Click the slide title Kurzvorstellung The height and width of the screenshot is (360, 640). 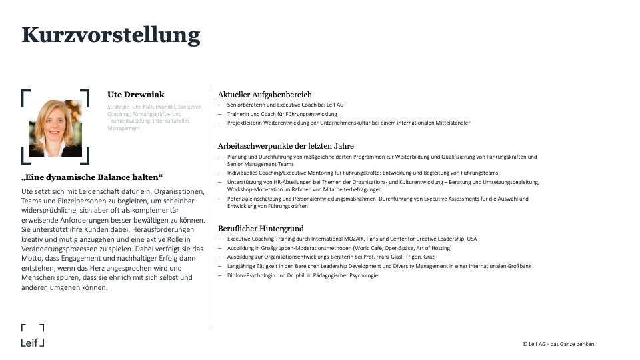point(111,35)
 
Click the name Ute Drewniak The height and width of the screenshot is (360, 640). point(136,95)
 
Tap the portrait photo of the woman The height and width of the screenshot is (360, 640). point(55,127)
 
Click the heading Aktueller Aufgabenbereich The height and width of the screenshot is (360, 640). point(265,95)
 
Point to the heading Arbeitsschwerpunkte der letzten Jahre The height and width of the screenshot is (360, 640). point(286,146)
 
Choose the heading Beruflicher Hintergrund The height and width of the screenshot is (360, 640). point(261,229)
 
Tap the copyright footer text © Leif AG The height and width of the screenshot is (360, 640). point(559,344)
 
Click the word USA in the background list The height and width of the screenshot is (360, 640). point(471,239)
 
